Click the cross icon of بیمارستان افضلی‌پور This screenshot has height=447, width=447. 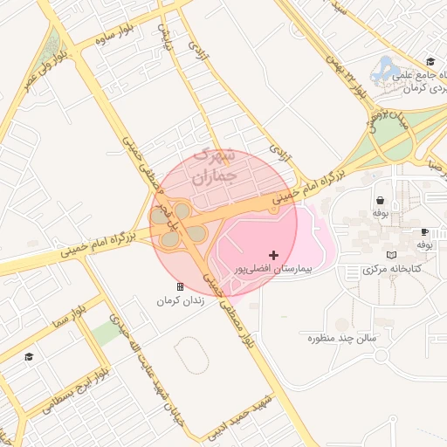(274, 255)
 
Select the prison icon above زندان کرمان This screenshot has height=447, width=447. (180, 286)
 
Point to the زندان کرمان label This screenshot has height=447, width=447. (179, 300)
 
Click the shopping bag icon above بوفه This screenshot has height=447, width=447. (380, 199)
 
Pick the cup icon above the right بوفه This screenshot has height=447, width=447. (424, 231)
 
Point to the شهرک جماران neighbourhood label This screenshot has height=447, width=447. (213, 165)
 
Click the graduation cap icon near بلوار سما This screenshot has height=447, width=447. (29, 356)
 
